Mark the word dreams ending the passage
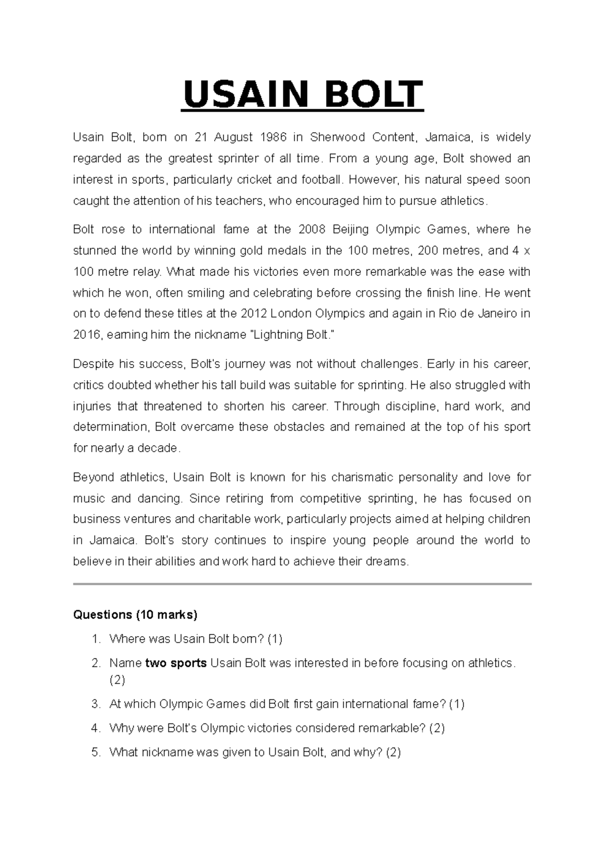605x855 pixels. (388, 561)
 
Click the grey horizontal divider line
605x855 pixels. (302, 584)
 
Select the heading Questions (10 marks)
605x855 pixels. (135, 615)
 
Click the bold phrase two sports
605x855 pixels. (176, 663)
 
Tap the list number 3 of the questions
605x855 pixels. (96, 704)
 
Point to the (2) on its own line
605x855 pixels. (117, 680)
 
